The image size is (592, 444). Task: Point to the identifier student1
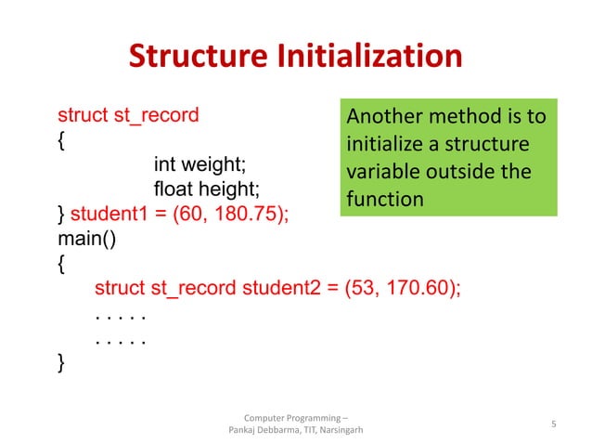tap(110, 214)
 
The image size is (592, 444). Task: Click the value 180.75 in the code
tap(248, 214)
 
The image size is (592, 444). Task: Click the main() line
tap(84, 239)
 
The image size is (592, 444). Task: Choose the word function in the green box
tap(384, 199)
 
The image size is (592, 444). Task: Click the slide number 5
tap(553, 424)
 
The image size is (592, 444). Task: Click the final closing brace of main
tap(62, 361)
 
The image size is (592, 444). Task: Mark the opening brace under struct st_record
tap(62, 141)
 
